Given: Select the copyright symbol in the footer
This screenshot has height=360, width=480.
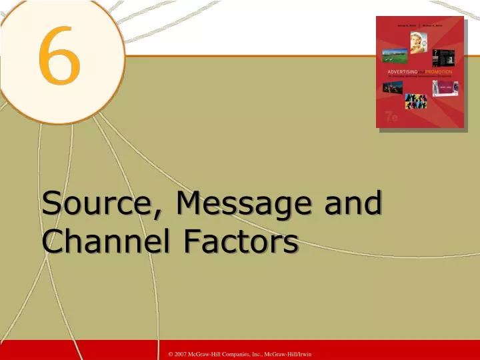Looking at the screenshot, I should [171, 353].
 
